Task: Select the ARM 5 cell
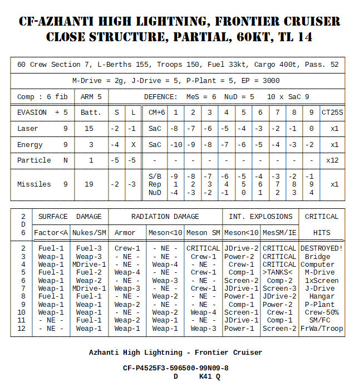[x=91, y=96]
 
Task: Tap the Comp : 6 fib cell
[x=42, y=96]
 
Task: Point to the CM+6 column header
[x=156, y=112]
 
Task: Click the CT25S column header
[x=333, y=112]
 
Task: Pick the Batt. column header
[x=91, y=112]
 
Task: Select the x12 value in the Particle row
[x=333, y=160]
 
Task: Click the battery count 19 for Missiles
[x=91, y=184]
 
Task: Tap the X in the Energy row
[x=132, y=144]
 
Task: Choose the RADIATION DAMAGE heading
[x=165, y=216]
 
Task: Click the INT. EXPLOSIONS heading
[x=260, y=216]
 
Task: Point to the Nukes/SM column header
[x=89, y=232]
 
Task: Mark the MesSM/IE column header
[x=279, y=232]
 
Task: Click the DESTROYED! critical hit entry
[x=321, y=248]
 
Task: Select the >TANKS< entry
[x=279, y=272]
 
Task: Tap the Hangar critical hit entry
[x=321, y=296]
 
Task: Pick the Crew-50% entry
[x=321, y=312]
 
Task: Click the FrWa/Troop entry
[x=321, y=329]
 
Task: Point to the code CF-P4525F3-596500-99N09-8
[x=176, y=368]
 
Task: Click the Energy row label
[x=30, y=144]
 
